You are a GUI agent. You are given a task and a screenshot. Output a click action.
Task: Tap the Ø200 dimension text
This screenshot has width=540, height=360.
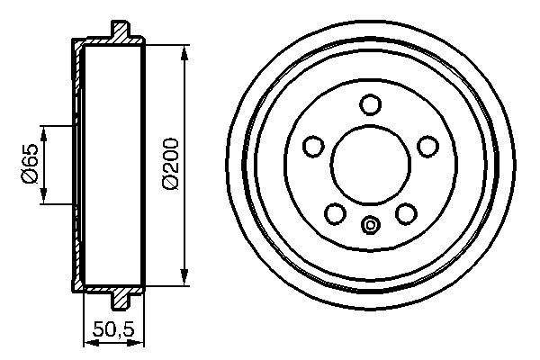click(170, 162)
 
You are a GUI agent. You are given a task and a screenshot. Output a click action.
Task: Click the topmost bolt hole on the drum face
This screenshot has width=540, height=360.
click(370, 104)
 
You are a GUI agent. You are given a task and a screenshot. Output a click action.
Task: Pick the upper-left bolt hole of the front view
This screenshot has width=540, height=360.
click(313, 145)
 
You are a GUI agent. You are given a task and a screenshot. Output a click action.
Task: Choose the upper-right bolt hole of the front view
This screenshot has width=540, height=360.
click(427, 145)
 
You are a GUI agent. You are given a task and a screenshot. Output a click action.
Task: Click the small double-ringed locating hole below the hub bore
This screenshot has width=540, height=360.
click(370, 225)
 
